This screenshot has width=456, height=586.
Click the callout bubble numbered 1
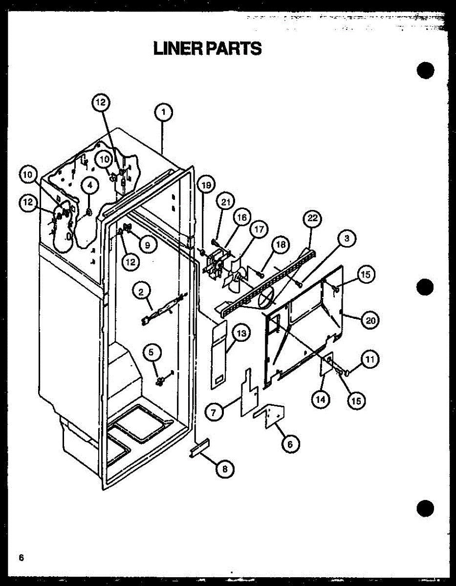tap(163, 113)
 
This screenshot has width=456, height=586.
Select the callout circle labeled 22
tap(312, 219)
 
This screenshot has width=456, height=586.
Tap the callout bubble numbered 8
tap(224, 469)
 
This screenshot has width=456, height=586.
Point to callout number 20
tap(370, 320)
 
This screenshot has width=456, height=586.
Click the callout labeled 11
tap(370, 360)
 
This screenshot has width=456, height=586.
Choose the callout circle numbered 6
tap(290, 444)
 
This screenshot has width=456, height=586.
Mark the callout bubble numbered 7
tap(214, 412)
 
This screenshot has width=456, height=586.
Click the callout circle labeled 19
tap(206, 185)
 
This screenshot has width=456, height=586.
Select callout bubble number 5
tap(151, 351)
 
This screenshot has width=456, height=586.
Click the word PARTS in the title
tap(234, 48)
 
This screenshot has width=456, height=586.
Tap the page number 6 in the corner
tap(21, 558)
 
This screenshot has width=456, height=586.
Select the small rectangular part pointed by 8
tap(199, 448)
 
